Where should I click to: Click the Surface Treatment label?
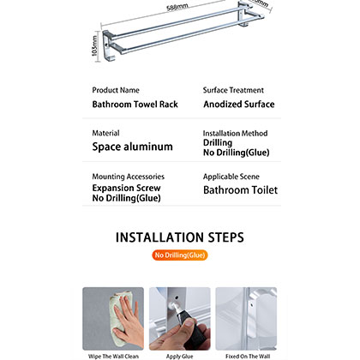tap(233, 90)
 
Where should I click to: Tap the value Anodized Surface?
tap(238, 105)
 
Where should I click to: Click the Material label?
tap(105, 133)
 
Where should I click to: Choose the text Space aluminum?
tap(132, 147)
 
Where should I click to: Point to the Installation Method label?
tap(235, 134)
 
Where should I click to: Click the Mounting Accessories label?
tap(128, 176)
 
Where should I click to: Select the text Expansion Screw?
tap(126, 188)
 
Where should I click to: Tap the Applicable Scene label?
tap(231, 176)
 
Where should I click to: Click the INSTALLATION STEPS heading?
tap(180, 237)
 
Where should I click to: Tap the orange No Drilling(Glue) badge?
tap(180, 255)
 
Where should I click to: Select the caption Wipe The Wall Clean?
tap(113, 354)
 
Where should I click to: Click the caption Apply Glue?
tap(179, 354)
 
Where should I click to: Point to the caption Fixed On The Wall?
tap(245, 354)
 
